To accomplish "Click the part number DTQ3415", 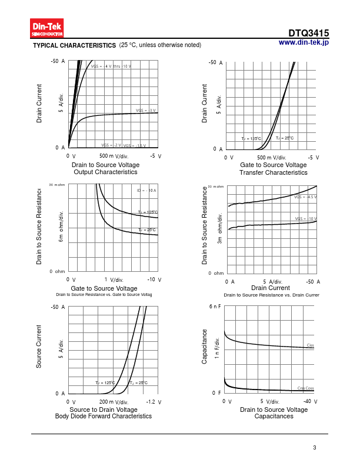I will tap(308, 34).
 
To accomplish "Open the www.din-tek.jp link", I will tap(304, 42).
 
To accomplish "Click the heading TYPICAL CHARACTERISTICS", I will tap(74, 45).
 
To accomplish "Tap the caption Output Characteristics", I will tap(105, 172).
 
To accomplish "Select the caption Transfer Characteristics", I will tap(274, 172).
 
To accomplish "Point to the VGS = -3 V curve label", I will tap(146, 111).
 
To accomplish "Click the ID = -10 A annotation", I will tap(146, 191).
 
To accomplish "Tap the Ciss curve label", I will tap(311, 345).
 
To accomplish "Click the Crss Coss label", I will tap(306, 388).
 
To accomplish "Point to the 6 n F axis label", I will tap(215, 307).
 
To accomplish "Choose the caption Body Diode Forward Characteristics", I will tap(103, 416).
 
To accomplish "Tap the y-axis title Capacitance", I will tap(205, 346).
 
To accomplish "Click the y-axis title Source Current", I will tap(39, 347).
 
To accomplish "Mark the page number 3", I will tap(315, 448).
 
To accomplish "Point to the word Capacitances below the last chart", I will tap(274, 416).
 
